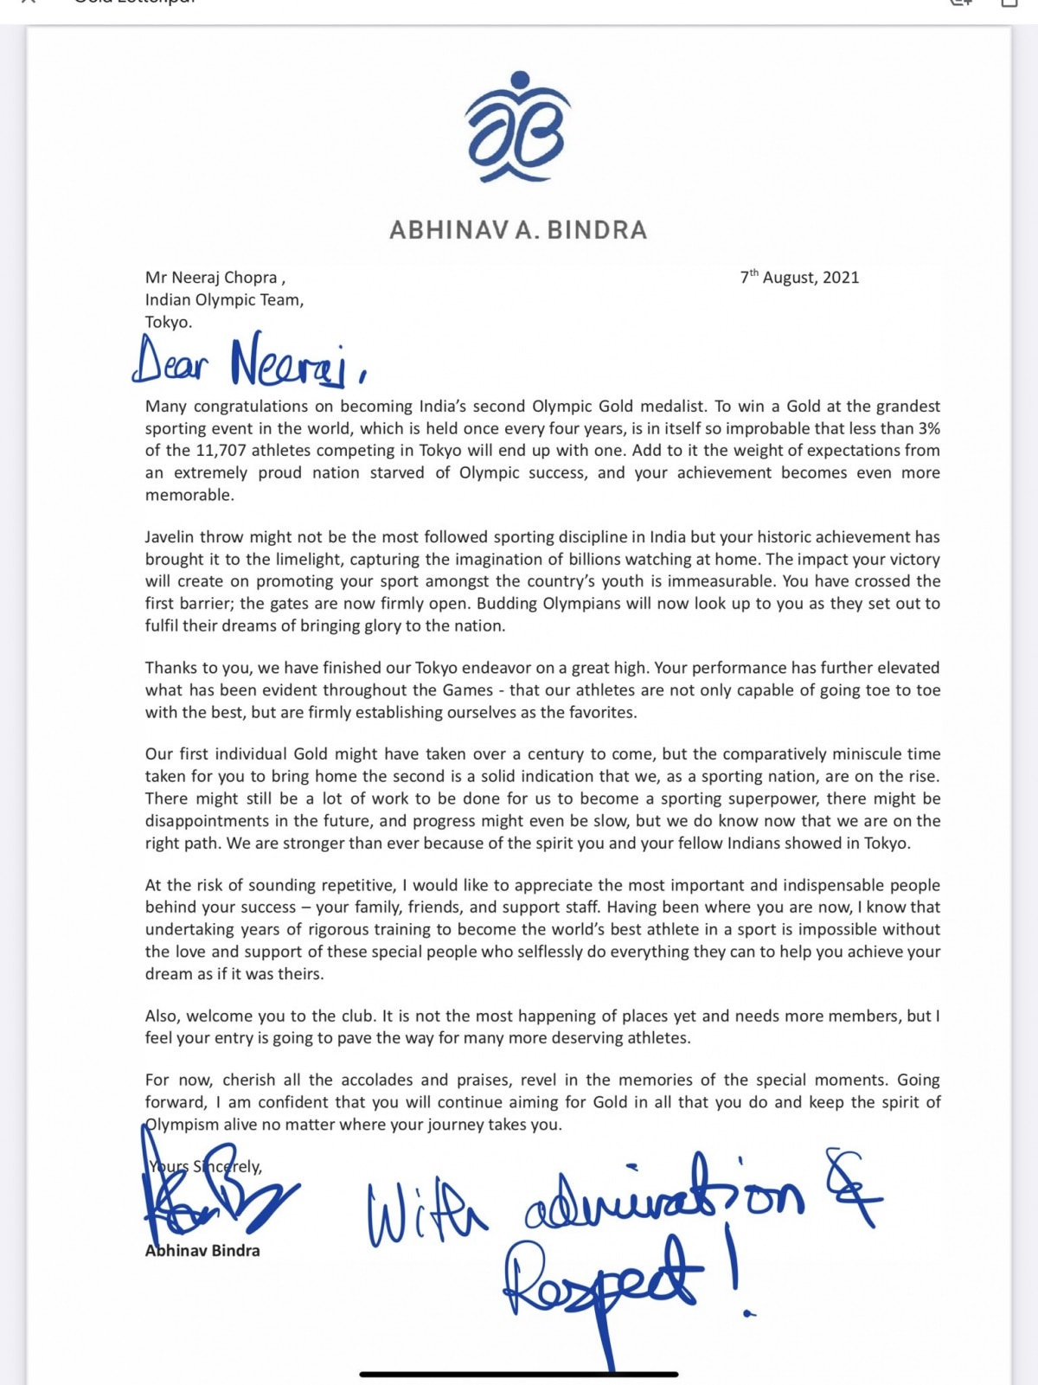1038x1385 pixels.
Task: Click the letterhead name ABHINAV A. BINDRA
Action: (x=518, y=230)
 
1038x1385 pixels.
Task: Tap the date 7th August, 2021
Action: (x=799, y=277)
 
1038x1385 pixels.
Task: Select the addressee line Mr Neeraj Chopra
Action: (x=215, y=278)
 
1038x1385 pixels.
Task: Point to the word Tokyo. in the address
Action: (x=169, y=322)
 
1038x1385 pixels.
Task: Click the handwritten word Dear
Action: (x=170, y=361)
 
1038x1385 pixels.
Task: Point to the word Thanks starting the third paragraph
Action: (x=171, y=668)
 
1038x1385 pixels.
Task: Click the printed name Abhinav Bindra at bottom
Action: (x=202, y=1251)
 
